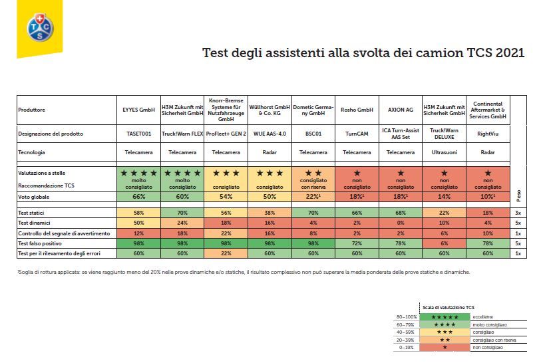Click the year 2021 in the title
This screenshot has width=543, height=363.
[x=510, y=53]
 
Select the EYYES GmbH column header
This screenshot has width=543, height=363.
[x=138, y=110]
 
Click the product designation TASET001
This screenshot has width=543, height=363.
[x=138, y=134]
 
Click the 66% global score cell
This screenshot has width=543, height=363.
[x=138, y=197]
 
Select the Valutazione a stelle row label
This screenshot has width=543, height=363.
[x=45, y=173]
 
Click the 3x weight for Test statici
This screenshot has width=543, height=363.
[x=517, y=211]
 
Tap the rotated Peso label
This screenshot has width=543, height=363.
[x=518, y=195]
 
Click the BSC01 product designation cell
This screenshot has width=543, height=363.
[x=311, y=134]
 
